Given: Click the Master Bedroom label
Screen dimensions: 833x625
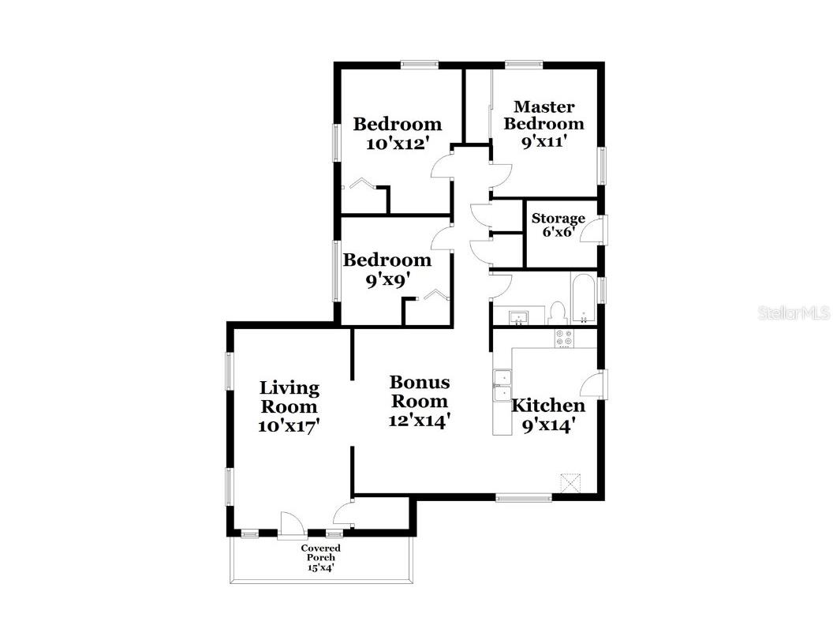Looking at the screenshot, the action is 544,115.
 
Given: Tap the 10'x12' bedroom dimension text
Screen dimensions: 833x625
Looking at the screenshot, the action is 398,143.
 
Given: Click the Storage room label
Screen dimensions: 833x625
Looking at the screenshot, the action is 558,219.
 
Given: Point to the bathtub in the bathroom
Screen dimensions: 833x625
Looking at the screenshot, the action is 584,298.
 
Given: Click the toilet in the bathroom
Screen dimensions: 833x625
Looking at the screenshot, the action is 557,313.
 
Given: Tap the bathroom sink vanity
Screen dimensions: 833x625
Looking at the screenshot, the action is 518,315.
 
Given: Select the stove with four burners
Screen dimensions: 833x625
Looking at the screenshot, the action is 564,339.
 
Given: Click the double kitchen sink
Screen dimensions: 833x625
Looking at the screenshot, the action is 502,385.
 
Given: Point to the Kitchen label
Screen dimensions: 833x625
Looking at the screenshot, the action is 548,406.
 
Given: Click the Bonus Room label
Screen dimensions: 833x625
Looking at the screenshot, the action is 420,391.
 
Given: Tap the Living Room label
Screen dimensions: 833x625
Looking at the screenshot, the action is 289,397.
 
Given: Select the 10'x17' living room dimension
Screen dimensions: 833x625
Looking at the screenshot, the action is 289,425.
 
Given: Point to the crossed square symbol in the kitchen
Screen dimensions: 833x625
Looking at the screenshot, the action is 572,483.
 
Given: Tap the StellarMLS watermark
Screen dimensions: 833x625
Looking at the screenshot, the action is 794,312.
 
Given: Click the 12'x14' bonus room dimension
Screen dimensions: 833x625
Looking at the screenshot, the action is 420,421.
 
